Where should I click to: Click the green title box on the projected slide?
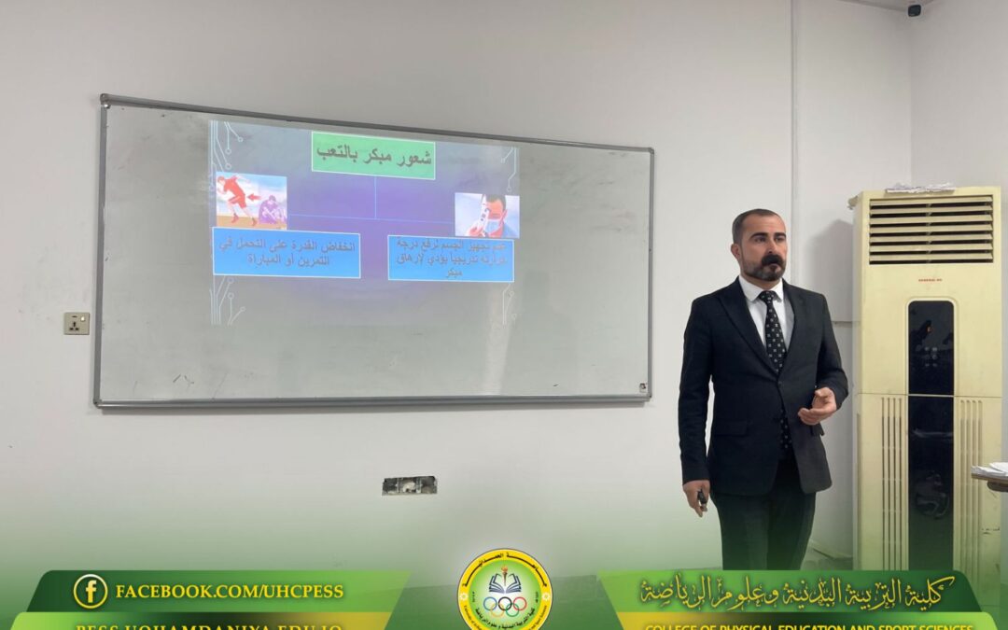click(x=373, y=154)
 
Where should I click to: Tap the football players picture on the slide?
click(x=251, y=200)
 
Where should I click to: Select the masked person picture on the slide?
click(x=486, y=215)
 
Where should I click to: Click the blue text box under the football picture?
click(x=286, y=252)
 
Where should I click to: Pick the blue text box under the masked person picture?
click(x=450, y=258)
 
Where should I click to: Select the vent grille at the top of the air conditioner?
click(x=930, y=230)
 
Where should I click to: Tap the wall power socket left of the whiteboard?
click(x=77, y=323)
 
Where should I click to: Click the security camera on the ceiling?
click(x=914, y=10)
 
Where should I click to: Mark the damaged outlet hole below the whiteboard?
click(x=409, y=485)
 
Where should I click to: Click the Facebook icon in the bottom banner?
click(x=91, y=591)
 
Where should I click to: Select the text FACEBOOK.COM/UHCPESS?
click(x=229, y=592)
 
